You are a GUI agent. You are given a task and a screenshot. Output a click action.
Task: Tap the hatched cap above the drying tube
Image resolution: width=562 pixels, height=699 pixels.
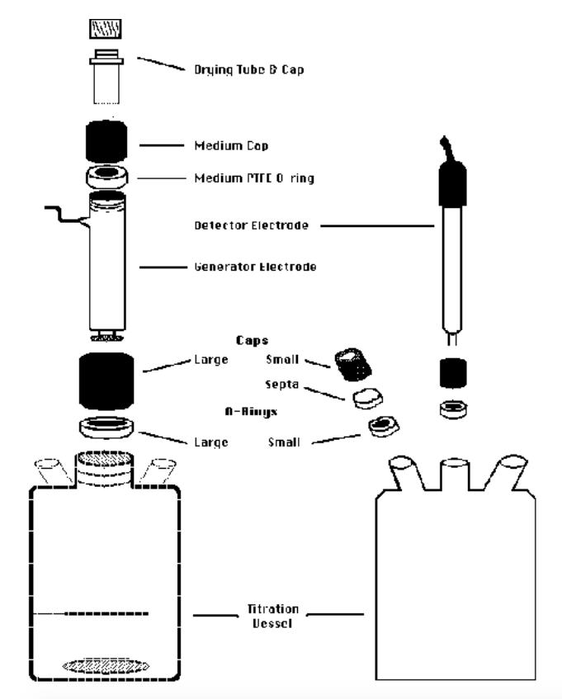click(105, 31)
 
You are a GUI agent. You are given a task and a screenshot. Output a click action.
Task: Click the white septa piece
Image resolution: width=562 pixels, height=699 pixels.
click(365, 399)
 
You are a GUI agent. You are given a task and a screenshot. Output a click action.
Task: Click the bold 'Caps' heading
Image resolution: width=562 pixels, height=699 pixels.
click(267, 338)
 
